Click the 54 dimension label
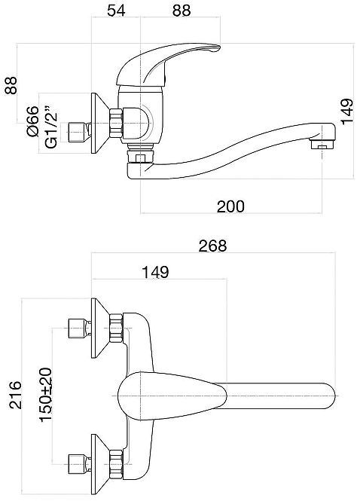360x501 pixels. pos(116,11)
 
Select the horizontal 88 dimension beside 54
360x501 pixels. pos(182,11)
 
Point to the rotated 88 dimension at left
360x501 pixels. pos(11,85)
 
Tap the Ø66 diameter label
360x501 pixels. pos(32,121)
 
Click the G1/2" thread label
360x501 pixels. pos(51,127)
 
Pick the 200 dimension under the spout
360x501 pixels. pos(230,206)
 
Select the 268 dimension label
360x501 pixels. pos(212,246)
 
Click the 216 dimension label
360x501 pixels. pos(15,395)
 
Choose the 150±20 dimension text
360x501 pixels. pos(46,395)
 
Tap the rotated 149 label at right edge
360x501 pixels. pos(347,112)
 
